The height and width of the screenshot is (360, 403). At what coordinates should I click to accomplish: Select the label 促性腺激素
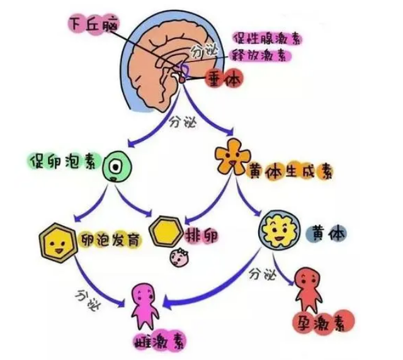pyautogui.click(x=267, y=38)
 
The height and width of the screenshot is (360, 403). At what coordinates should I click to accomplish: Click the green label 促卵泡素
pyautogui.click(x=62, y=161)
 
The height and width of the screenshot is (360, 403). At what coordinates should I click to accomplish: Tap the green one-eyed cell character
pyautogui.click(x=117, y=166)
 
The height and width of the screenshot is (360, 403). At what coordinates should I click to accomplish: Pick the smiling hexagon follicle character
pyautogui.click(x=58, y=242)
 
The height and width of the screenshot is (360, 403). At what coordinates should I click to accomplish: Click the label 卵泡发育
pyautogui.click(x=110, y=240)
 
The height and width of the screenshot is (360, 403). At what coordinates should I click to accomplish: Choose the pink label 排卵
pyautogui.click(x=201, y=235)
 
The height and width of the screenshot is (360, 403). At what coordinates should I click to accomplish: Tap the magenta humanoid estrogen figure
pyautogui.click(x=145, y=307)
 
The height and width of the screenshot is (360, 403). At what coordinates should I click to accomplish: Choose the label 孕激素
pyautogui.click(x=324, y=322)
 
